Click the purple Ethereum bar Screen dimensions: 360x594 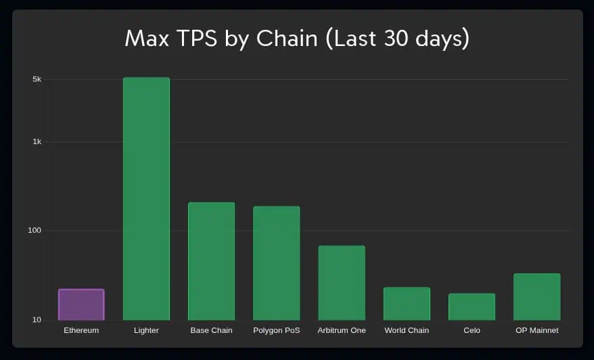[81, 305]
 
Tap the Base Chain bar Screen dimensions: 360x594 [211, 261]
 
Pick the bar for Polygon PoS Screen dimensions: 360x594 [276, 263]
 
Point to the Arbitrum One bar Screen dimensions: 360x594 [342, 283]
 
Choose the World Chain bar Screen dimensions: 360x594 [407, 304]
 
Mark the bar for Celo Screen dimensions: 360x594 [472, 307]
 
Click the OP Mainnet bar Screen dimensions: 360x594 [536, 297]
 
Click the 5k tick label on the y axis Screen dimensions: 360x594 [37, 79]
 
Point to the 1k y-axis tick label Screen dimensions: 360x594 [37, 142]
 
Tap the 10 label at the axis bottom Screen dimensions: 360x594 [37, 320]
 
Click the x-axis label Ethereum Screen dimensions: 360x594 [81, 330]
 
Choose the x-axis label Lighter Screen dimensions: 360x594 [146, 330]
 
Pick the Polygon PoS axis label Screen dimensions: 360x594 [276, 330]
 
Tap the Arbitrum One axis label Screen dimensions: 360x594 [342, 330]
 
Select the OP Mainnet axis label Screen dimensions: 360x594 [536, 330]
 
